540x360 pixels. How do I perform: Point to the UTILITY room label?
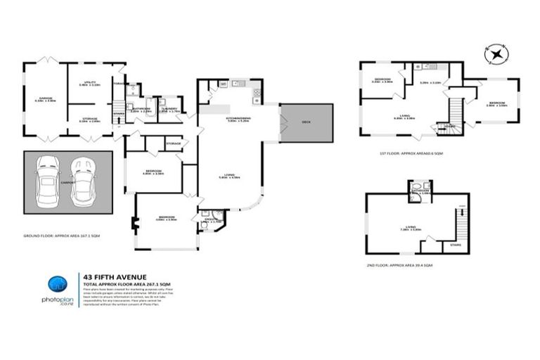[x=90, y=83]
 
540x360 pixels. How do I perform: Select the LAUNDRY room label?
[x=169, y=109]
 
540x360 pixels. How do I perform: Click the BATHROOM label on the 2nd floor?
[x=421, y=191]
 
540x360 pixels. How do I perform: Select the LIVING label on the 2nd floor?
[x=411, y=227]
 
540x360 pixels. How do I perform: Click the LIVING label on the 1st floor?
[x=403, y=116]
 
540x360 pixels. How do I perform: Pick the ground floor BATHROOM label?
[x=142, y=109]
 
